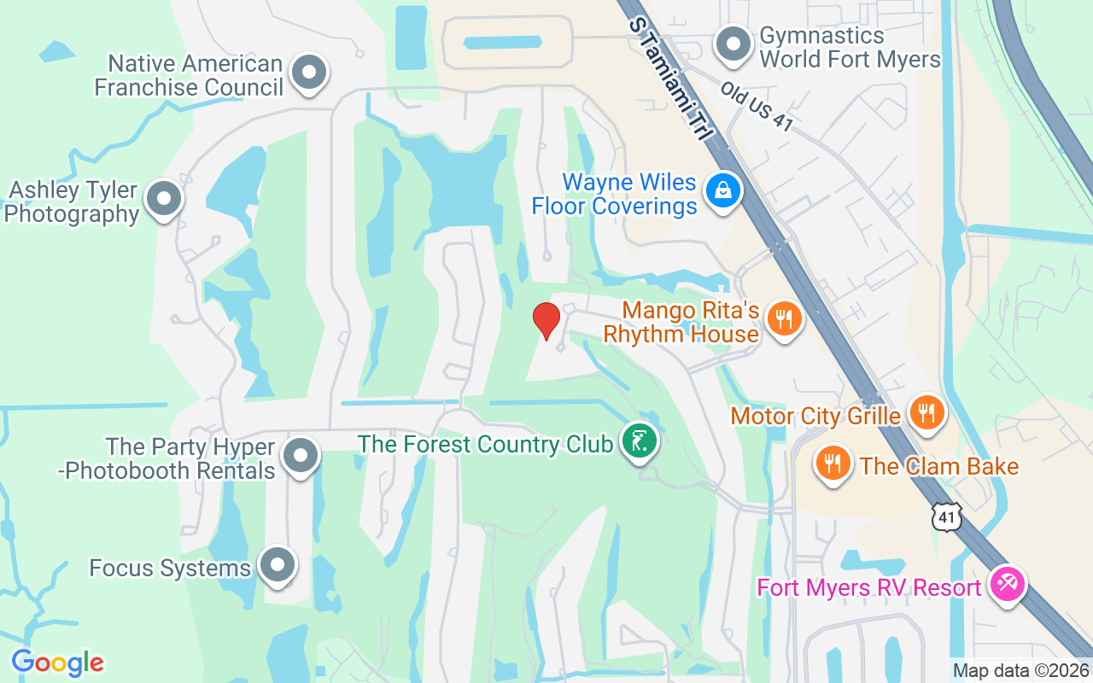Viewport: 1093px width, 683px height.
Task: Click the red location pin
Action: [x=546, y=321]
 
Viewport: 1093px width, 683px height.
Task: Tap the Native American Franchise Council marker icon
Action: [x=309, y=73]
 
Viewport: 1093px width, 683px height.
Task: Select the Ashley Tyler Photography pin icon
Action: [x=164, y=199]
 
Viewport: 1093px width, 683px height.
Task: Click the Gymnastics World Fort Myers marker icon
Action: [x=732, y=45]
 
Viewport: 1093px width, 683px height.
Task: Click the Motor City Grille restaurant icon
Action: [x=924, y=414]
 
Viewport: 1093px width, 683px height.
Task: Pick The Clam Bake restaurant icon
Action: [x=832, y=464]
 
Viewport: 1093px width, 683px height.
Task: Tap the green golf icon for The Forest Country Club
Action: [x=639, y=441]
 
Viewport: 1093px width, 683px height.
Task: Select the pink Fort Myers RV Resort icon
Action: [x=1008, y=586]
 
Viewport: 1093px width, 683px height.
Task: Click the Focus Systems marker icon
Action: [x=278, y=565]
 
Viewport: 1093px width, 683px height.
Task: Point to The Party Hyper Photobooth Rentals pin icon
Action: [x=300, y=456]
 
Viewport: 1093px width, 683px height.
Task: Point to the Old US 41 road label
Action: [x=757, y=106]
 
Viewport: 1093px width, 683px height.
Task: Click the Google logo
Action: [x=57, y=663]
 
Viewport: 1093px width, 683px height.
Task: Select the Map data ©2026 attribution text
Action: [x=1021, y=671]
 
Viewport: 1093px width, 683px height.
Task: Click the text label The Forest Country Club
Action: [x=485, y=444]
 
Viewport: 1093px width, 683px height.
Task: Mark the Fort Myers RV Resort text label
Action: [x=869, y=588]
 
